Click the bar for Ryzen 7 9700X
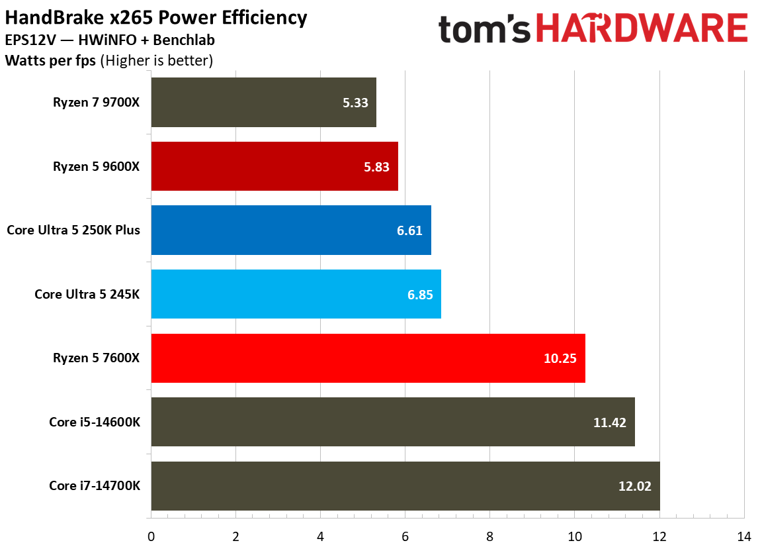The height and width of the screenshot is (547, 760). (263, 102)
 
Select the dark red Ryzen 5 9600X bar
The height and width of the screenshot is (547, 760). (274, 166)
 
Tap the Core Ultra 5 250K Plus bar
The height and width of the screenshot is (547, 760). (291, 230)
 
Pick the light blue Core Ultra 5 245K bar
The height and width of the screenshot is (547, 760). (296, 294)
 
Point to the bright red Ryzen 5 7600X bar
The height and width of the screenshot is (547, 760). (368, 358)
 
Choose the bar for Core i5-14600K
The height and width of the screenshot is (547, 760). (393, 422)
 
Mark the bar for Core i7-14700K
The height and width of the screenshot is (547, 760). (405, 486)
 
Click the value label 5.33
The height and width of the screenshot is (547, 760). (355, 103)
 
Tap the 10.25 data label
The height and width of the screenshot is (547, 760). (560, 359)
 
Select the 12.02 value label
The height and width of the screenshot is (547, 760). (635, 487)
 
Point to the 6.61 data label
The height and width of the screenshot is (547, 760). (409, 230)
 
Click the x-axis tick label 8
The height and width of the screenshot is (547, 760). (489, 536)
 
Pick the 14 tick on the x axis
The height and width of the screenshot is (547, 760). (743, 536)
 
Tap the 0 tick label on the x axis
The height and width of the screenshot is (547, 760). (151, 536)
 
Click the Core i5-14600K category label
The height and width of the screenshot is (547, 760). (94, 422)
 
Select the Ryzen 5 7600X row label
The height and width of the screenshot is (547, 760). (97, 358)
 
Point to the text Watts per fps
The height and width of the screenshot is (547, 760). (50, 61)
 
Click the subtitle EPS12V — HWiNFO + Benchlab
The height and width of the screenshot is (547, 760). (109, 40)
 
